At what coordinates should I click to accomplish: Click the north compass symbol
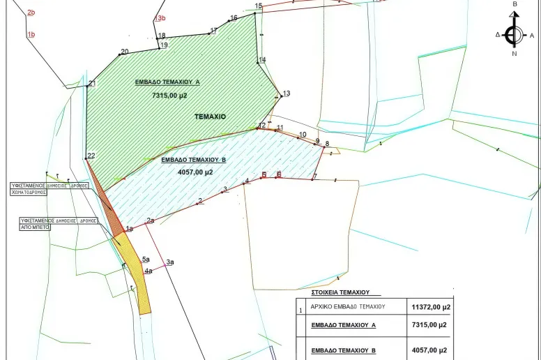click(515, 34)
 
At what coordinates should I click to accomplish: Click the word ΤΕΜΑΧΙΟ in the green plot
click(210, 117)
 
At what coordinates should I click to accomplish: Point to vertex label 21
click(92, 84)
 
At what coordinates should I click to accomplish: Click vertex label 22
click(91, 156)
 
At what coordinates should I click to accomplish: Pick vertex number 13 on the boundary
click(286, 93)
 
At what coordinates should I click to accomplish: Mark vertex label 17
click(214, 31)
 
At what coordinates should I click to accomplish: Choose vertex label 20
click(125, 52)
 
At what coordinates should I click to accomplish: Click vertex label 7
click(315, 177)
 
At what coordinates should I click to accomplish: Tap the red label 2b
click(31, 13)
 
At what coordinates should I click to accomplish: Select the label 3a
click(169, 262)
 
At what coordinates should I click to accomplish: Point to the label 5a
click(146, 259)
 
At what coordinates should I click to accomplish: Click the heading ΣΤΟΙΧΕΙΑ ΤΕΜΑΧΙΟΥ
click(335, 292)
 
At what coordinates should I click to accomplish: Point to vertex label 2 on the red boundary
click(200, 201)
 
